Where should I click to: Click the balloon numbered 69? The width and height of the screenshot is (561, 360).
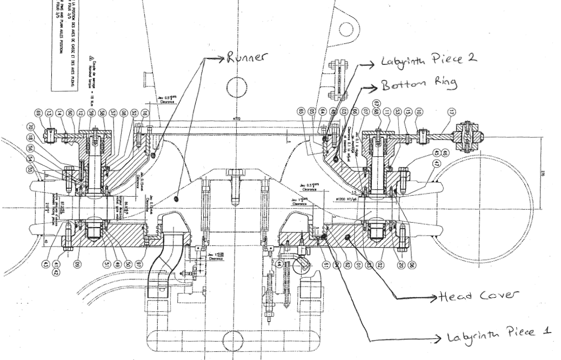tap(38, 113)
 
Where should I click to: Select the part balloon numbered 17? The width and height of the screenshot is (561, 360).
tap(452, 112)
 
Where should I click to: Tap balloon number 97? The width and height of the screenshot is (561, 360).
tap(146, 264)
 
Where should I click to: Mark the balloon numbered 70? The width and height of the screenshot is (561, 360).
tap(31, 128)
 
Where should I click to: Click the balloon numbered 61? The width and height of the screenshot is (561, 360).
tap(326, 264)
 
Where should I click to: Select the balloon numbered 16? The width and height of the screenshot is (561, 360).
tap(144, 113)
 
